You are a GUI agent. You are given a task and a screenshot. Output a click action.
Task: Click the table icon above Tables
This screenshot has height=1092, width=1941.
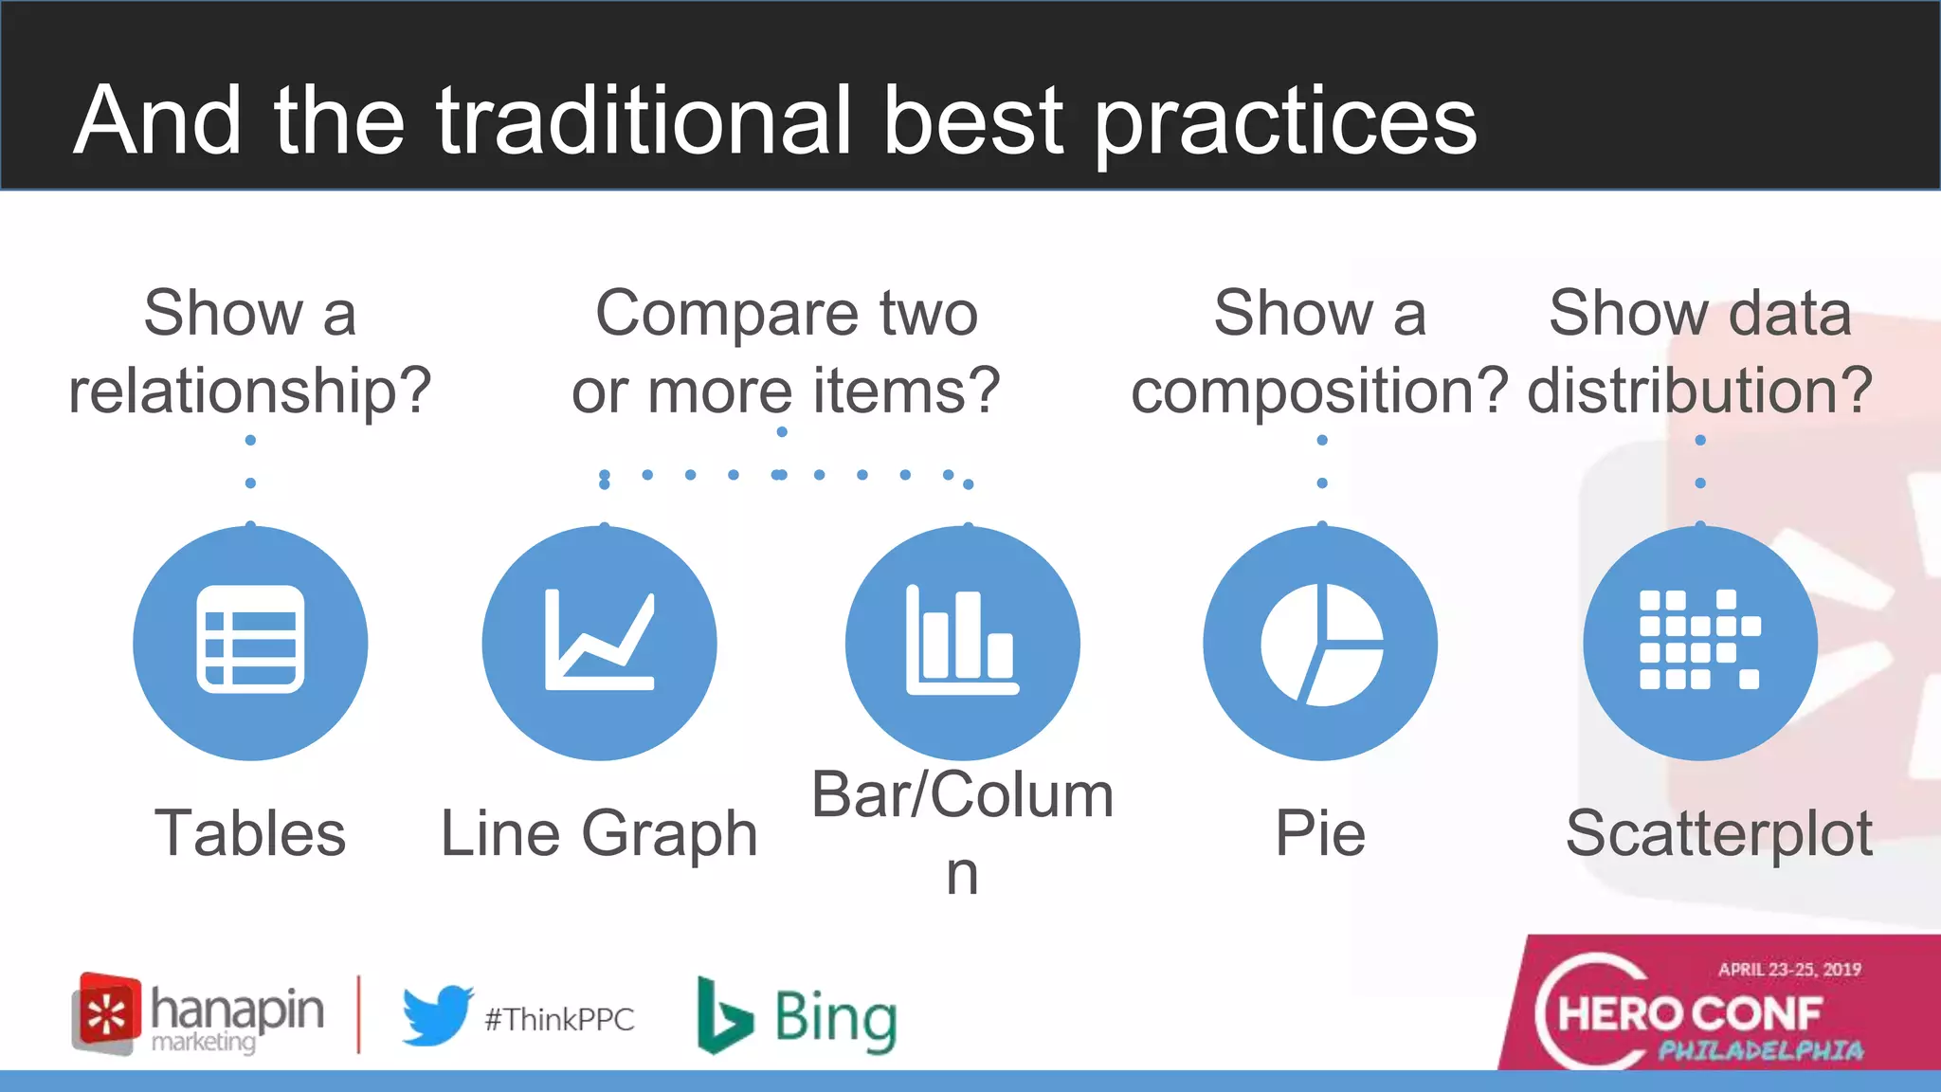click(250, 640)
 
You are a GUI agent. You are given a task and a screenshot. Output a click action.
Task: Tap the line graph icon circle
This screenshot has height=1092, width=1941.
click(599, 642)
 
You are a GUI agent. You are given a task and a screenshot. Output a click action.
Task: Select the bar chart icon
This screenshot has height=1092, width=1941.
click(962, 642)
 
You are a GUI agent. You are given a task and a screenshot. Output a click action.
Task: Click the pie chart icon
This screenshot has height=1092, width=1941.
click(1320, 644)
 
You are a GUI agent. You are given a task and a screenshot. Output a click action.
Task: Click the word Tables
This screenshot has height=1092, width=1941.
click(250, 833)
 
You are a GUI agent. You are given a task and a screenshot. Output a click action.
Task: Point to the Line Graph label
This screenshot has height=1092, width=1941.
click(599, 833)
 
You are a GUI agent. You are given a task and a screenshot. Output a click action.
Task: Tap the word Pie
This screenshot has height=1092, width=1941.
click(1320, 833)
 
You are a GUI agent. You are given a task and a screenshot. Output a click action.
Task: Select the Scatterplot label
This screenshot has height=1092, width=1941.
click(1718, 833)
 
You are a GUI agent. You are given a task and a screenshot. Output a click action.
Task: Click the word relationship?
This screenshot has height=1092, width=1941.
click(250, 391)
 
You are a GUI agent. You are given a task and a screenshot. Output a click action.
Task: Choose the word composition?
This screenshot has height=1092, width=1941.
click(1318, 391)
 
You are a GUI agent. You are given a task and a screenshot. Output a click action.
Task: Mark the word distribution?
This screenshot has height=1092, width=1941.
click(1699, 391)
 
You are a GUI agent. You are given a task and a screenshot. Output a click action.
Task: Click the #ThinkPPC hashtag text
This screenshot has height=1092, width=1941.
click(559, 1020)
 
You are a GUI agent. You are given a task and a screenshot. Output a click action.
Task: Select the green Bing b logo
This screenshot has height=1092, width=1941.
click(723, 1016)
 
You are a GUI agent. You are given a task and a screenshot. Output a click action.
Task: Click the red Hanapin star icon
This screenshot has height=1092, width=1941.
click(107, 1012)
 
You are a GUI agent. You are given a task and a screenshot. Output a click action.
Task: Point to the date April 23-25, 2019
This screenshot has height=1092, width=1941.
click(1789, 970)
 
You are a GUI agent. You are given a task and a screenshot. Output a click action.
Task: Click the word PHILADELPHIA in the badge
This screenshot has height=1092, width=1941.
click(1761, 1050)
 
